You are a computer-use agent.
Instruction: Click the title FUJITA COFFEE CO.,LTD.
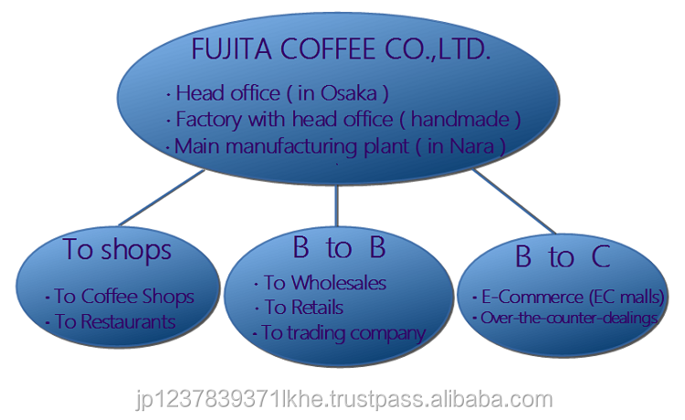tap(341, 49)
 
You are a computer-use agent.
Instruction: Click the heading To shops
tap(118, 248)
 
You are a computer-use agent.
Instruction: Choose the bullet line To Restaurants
tap(114, 321)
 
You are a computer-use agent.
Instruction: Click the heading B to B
tap(339, 247)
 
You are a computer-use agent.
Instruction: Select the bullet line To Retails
tap(303, 308)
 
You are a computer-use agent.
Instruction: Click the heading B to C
tap(562, 257)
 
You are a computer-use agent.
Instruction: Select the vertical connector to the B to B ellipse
tap(337, 204)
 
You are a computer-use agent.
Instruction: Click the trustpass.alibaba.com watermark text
tap(342, 399)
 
